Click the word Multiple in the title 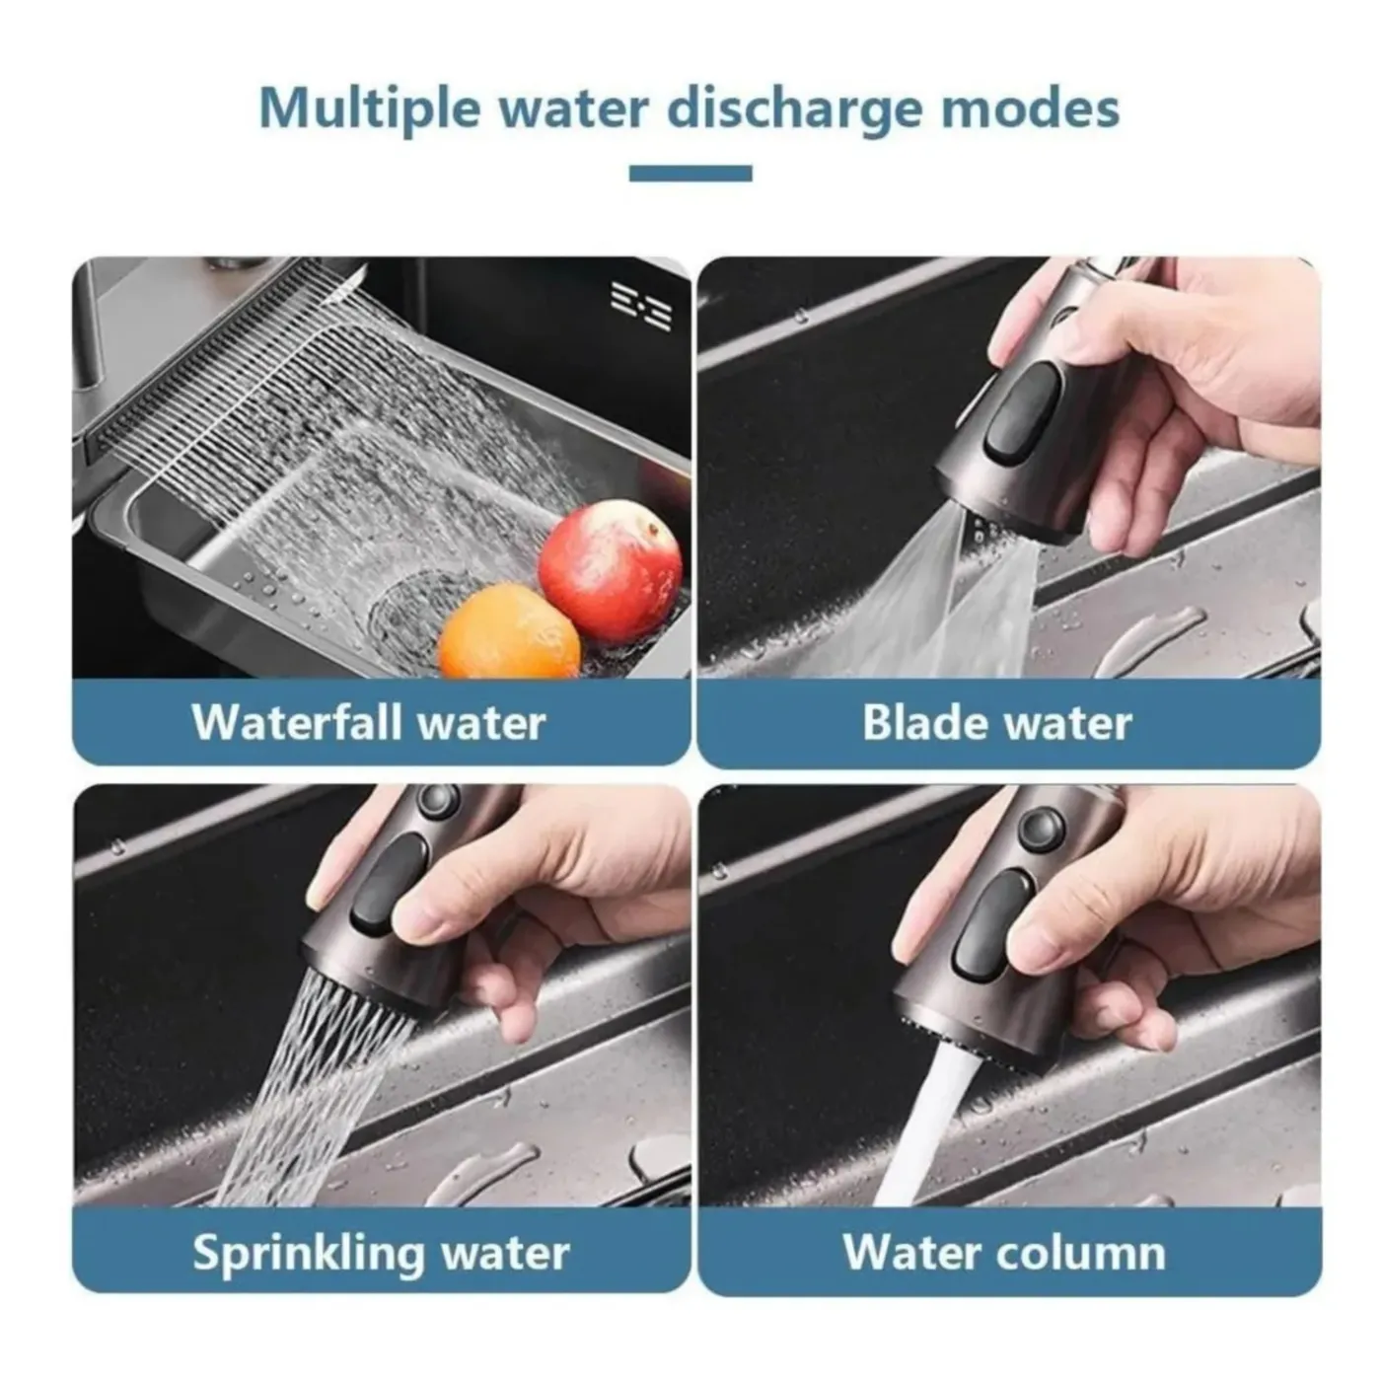click(x=369, y=109)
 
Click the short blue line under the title click(x=690, y=174)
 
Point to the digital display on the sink click(x=641, y=305)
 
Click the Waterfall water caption click(x=368, y=723)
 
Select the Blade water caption click(x=997, y=722)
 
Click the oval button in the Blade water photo click(x=1023, y=411)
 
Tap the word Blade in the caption click(x=926, y=722)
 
